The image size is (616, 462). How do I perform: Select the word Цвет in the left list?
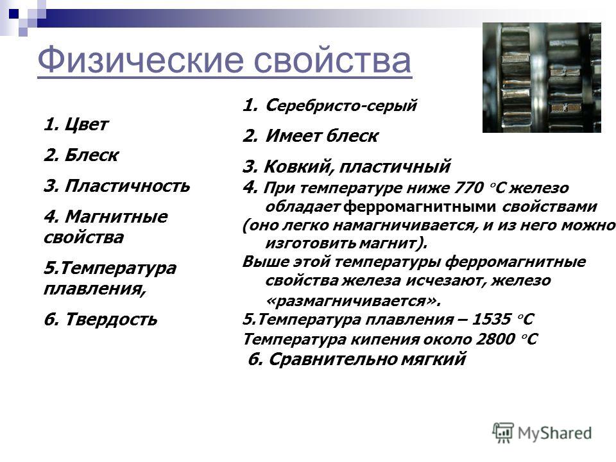click(86, 124)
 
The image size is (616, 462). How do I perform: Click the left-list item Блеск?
click(91, 155)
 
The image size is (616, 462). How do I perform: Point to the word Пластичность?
click(127, 186)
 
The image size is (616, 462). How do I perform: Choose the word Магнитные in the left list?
click(116, 216)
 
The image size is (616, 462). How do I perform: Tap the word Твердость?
click(111, 319)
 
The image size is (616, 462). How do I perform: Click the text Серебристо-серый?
click(341, 105)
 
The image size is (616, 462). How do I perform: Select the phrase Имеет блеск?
click(321, 136)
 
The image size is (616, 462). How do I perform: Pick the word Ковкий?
click(299, 167)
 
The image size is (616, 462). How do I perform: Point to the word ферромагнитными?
click(419, 207)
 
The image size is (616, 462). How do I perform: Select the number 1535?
click(491, 319)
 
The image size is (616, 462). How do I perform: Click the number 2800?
click(495, 339)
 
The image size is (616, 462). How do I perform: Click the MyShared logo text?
click(554, 433)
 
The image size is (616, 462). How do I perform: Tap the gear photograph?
click(542, 78)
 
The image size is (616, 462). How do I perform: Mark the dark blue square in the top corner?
click(13, 14)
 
